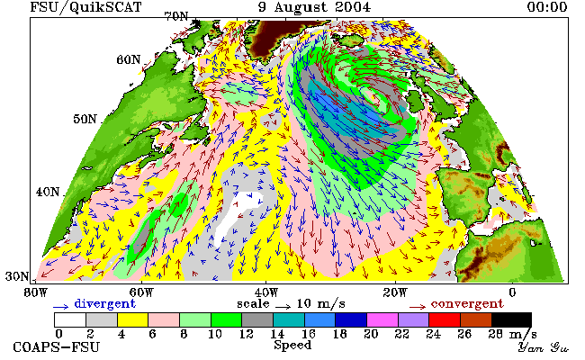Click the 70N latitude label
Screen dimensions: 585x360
(x=176, y=16)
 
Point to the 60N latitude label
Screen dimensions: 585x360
(x=129, y=59)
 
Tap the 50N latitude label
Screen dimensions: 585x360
(x=85, y=119)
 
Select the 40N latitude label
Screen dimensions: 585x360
(x=48, y=192)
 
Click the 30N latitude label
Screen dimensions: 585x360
(x=17, y=276)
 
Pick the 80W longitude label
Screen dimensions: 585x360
(x=36, y=292)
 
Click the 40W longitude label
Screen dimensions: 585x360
(x=266, y=292)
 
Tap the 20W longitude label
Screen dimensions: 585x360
(x=395, y=292)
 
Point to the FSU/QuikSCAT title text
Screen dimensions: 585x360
(x=85, y=7)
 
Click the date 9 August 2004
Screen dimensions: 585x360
(x=314, y=7)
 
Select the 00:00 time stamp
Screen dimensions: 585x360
(x=547, y=7)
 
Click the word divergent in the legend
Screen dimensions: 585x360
(x=104, y=303)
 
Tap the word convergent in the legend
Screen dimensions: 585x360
(x=467, y=303)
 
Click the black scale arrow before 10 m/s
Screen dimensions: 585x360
(x=283, y=307)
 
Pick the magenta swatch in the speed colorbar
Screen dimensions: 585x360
(x=382, y=320)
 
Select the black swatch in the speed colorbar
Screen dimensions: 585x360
(x=511, y=320)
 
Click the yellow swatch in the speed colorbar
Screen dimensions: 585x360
(x=133, y=320)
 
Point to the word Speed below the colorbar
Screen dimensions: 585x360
(x=292, y=345)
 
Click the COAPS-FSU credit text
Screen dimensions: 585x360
(x=57, y=347)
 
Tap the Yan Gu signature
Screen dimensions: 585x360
(x=543, y=348)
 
